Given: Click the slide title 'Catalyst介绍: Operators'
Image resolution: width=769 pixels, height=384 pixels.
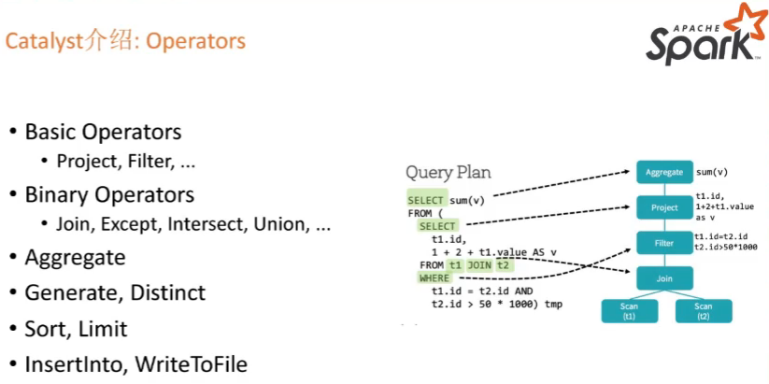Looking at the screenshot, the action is pos(126,42).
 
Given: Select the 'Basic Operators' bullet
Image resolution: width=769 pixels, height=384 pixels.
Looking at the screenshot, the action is pos(103,132).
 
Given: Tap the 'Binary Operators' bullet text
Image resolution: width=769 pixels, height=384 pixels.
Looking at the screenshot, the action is pos(109,195).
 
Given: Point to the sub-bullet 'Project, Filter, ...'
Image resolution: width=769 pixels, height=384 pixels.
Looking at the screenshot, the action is pos(126,162).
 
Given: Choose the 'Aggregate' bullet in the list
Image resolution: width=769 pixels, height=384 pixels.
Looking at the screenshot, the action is pos(75,257).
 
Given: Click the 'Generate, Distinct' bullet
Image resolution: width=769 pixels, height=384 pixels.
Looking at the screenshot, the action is pos(115,293).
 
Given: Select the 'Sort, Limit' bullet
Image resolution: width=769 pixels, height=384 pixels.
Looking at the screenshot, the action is pos(77,329).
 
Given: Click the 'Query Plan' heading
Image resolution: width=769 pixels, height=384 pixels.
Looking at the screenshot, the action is pos(448,173).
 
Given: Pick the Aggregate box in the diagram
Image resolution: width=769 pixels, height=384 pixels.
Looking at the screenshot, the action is pos(663,172).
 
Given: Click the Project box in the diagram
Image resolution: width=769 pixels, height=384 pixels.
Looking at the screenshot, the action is pos(663,207).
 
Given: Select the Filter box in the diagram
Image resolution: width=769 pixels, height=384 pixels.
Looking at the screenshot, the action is pos(663,243).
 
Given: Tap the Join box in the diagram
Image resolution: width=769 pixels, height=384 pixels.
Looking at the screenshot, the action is pos(663,277).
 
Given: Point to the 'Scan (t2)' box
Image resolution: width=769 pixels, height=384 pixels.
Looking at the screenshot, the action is pos(703,311).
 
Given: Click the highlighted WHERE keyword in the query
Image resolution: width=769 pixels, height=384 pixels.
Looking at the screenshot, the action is pos(434,278).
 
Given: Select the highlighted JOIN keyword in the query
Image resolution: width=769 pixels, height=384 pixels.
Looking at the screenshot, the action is pos(479,265).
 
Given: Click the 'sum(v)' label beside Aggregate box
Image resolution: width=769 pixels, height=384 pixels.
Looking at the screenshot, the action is pos(712,173).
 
